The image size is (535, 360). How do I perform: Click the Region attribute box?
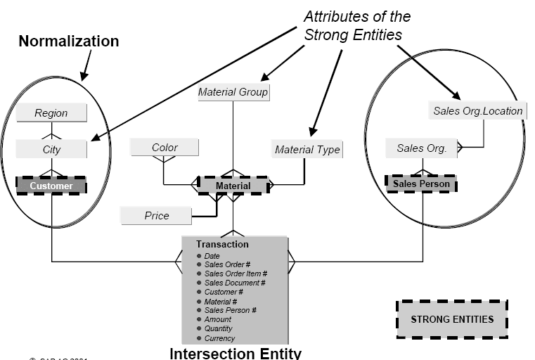pos(51,112)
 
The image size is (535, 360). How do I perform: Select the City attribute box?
pos(51,149)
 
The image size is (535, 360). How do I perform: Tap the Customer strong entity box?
pos(51,186)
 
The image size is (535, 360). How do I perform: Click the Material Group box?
pos(233,91)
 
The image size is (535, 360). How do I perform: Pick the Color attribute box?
pos(165,148)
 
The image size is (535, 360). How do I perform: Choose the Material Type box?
pos(307,149)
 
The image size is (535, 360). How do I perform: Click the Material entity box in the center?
pos(233,186)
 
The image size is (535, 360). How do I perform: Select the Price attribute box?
pos(156,215)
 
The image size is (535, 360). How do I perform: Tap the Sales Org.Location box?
pos(477,110)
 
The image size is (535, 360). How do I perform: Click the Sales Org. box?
pos(422,148)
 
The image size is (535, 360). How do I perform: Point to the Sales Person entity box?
pos(421,184)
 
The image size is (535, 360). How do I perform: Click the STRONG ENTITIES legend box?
pos(452,319)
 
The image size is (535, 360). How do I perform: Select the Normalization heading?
pos(68,41)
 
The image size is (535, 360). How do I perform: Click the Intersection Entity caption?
pos(235,353)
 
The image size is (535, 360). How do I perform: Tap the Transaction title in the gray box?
pos(222,244)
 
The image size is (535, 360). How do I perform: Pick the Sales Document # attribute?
pos(235,283)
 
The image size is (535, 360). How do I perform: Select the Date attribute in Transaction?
pos(212,255)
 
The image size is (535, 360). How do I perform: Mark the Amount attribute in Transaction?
pos(217,319)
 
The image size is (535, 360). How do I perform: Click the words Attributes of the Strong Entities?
pos(356,25)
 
